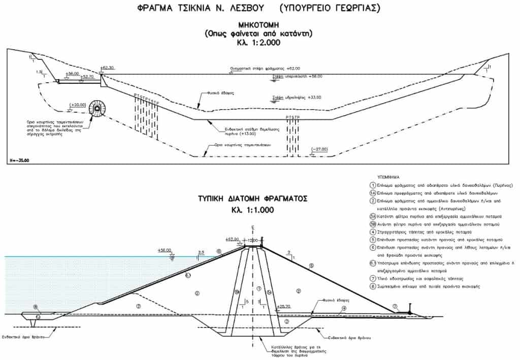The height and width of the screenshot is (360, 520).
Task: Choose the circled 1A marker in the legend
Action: point(373,193)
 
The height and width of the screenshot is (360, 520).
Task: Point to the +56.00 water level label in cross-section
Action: point(165,250)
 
